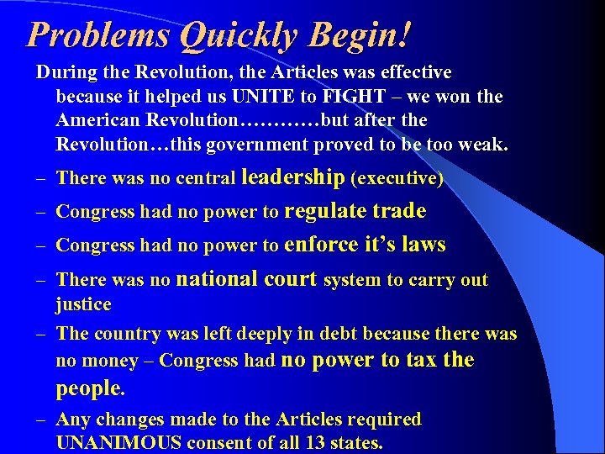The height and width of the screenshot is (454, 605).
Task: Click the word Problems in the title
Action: coord(100,34)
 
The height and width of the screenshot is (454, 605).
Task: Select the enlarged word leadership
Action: coord(292,177)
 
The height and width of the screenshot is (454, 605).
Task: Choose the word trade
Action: coord(399,211)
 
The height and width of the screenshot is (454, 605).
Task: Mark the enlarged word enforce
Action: coord(322,245)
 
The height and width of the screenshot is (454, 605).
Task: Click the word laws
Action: coord(423,245)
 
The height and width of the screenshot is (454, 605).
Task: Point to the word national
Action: coord(221,279)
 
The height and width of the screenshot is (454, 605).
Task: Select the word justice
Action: coord(83,304)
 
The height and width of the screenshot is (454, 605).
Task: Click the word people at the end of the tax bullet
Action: coord(88,388)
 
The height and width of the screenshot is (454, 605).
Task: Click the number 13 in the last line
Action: coord(325,442)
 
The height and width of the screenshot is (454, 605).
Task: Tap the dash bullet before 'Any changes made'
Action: coord(41,420)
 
